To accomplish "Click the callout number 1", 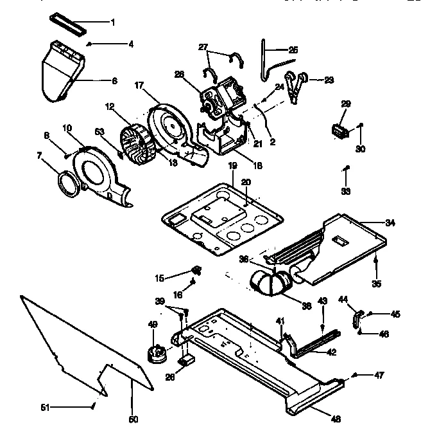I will click(113, 23).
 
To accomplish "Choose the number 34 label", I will click(390, 222).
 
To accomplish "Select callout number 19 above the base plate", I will click(233, 165).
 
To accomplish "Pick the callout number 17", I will click(138, 86).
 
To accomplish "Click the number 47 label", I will click(379, 375).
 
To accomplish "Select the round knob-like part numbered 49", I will click(155, 352).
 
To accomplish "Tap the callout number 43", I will click(323, 301).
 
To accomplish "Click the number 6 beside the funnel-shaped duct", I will click(114, 81).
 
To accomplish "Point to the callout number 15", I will click(159, 278).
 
